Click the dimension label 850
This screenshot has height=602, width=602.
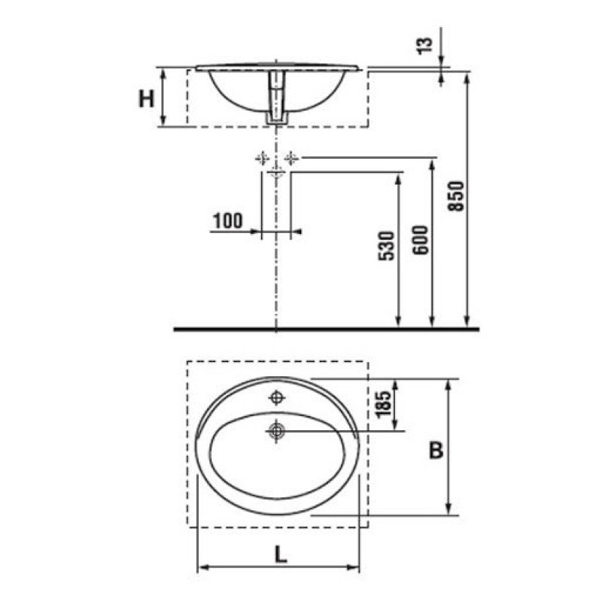(x=457, y=196)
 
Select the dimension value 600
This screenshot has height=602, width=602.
(x=421, y=240)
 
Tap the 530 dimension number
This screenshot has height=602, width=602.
(x=387, y=246)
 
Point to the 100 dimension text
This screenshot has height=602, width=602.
(x=228, y=220)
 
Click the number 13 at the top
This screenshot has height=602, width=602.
(x=425, y=46)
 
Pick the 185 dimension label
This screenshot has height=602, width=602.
(x=383, y=404)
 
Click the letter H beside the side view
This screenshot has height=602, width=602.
(x=146, y=99)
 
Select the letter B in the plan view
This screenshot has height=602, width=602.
(x=436, y=449)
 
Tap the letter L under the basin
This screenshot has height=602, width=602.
(x=281, y=554)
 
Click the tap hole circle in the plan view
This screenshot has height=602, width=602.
(x=276, y=398)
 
